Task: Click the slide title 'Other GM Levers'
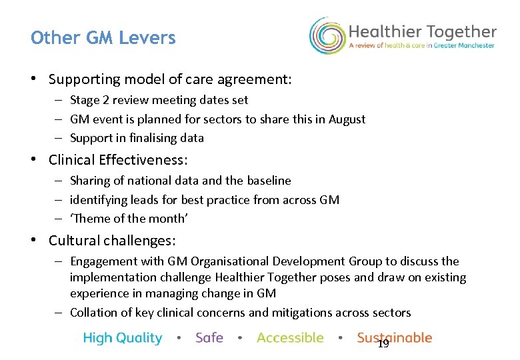pyautogui.click(x=103, y=38)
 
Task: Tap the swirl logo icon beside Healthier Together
pyautogui.click(x=326, y=35)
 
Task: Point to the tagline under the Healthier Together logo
pyautogui.click(x=422, y=46)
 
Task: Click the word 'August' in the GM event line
pyautogui.click(x=347, y=119)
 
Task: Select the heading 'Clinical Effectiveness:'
pyautogui.click(x=118, y=160)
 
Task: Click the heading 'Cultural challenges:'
pyautogui.click(x=111, y=241)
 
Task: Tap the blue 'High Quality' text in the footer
pyautogui.click(x=123, y=338)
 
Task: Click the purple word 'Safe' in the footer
pyautogui.click(x=209, y=338)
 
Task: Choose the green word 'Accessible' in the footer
pyautogui.click(x=290, y=338)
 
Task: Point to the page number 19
pyautogui.click(x=383, y=344)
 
